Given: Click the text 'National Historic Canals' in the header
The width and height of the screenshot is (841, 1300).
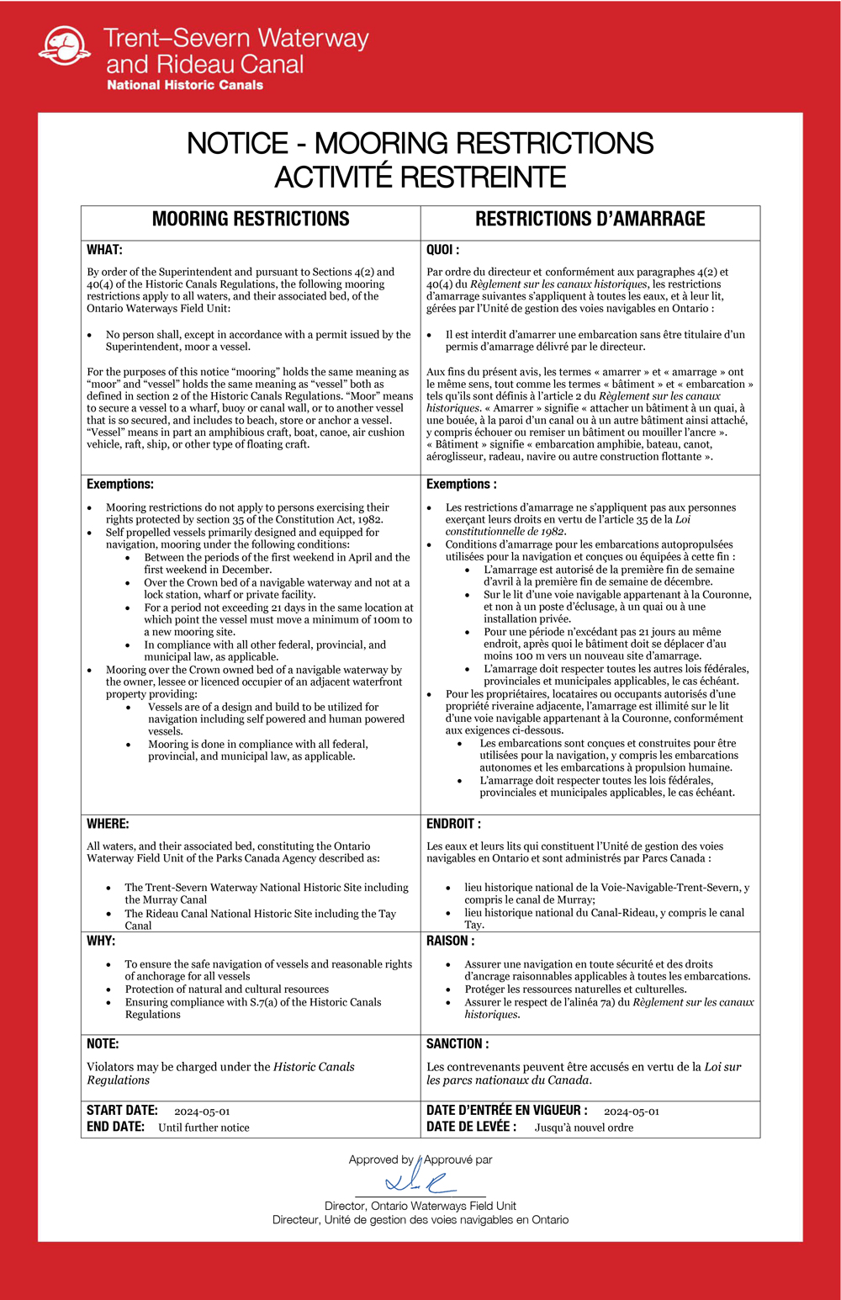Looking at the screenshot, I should pos(184,85).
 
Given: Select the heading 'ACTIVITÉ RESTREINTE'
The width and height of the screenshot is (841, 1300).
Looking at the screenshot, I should pos(420,178).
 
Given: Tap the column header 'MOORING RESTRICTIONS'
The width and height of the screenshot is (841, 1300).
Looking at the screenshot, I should pos(251,220).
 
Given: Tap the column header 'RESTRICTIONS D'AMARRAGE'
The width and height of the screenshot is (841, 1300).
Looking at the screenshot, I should pos(590,220).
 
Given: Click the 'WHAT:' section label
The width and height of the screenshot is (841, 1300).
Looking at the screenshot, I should pos(104,250).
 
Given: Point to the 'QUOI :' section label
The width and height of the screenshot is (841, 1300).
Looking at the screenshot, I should pos(442,250).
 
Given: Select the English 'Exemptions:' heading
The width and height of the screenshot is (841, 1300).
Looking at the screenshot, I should pos(120,484).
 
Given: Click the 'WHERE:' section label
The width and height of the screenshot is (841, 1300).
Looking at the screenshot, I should pos(108,824).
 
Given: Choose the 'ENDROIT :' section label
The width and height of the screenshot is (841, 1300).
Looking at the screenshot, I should pos(453,824).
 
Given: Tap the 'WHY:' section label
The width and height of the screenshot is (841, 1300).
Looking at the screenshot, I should pos(101,941).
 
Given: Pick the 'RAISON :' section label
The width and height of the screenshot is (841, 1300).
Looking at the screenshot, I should pos(450,941).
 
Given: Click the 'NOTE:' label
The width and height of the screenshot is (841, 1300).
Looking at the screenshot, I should pos(103,1043).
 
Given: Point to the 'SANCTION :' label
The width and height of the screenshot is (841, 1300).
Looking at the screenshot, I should pos(458,1043).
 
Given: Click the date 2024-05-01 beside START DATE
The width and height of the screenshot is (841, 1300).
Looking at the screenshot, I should pos(202,1112).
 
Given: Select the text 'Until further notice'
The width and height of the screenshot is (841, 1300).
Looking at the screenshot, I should pos(204,1128).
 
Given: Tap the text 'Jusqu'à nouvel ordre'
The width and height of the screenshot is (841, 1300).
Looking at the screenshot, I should pos(584,1128).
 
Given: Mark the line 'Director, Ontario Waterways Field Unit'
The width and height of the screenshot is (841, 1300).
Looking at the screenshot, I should pos(420,1206).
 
